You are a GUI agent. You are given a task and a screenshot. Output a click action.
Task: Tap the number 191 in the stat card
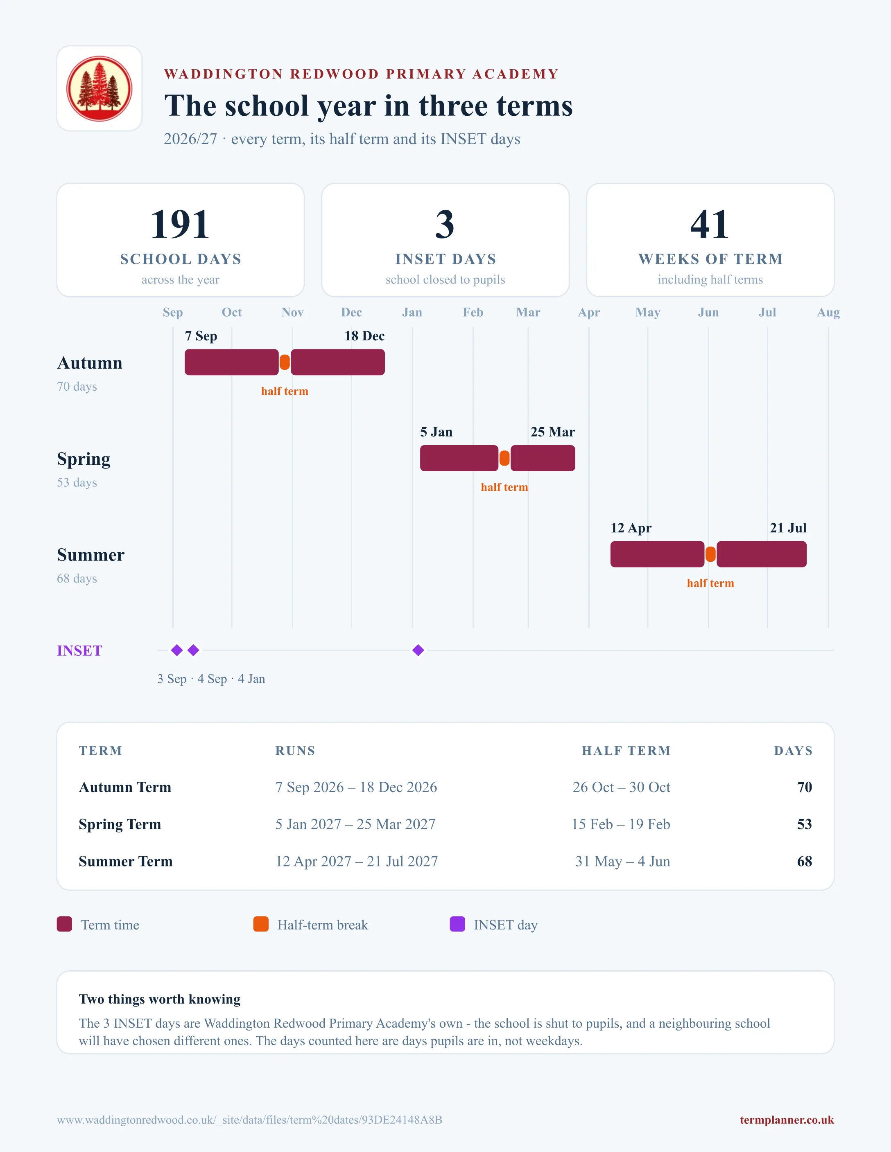pos(180,224)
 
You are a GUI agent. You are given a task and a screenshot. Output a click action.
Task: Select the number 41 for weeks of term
pos(710,224)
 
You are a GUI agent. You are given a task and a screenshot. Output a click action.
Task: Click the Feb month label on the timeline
pos(473,312)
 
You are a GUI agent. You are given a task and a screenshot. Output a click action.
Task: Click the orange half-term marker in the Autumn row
pos(285,362)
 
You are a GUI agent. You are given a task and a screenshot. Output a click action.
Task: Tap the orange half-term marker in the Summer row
pos(710,554)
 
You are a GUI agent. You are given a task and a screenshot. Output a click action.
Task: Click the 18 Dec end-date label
pos(364,336)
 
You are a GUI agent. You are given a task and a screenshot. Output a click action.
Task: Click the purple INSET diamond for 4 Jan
pos(418,650)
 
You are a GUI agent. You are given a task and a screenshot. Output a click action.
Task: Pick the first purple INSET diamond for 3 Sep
pos(177,650)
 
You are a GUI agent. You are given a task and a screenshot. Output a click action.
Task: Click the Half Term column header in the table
pos(626,751)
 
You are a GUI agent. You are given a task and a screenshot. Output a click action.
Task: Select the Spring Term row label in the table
pos(120,824)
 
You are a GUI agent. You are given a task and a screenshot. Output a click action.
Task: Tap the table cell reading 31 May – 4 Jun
pos(623,862)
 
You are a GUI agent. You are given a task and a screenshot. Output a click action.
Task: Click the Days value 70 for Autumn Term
pos(805,787)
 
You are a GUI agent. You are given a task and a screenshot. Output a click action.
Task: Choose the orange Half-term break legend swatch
pos(261,924)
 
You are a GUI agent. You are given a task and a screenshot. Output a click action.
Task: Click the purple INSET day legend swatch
pos(457,924)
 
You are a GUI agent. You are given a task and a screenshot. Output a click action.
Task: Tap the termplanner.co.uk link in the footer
pos(787,1120)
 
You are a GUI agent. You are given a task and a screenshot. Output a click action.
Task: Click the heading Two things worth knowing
pos(159,999)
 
